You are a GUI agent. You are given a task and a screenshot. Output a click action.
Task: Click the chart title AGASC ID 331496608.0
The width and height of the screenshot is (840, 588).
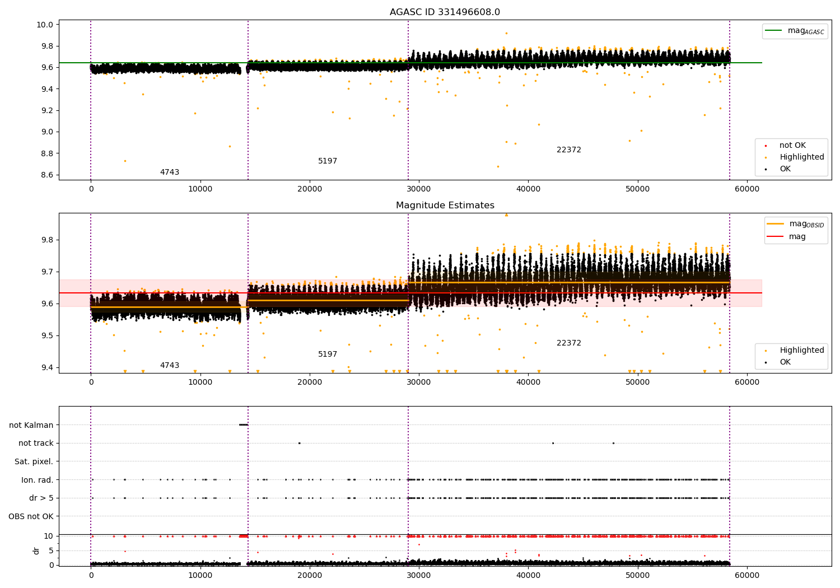click(445, 12)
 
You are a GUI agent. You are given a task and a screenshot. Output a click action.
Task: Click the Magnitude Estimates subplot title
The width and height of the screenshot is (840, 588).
click(445, 205)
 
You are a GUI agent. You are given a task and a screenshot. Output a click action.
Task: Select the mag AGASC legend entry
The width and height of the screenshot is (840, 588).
click(795, 31)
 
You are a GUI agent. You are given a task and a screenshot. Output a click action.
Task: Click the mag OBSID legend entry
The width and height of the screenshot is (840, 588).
click(796, 224)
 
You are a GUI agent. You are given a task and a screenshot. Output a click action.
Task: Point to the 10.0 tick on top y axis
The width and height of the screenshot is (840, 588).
click(45, 25)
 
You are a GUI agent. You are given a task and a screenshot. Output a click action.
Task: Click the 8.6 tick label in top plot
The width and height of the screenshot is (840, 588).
click(48, 175)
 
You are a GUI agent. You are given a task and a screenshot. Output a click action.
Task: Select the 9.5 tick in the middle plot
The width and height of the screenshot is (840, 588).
click(48, 335)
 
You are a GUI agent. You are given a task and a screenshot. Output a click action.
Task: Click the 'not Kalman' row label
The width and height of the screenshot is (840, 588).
click(31, 425)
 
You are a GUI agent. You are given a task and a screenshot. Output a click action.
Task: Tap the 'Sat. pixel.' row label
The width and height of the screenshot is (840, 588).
click(34, 461)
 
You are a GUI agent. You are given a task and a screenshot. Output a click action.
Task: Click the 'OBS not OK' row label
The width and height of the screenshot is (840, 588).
click(31, 516)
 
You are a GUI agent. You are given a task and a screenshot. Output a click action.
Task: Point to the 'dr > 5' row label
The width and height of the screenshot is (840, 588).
click(41, 498)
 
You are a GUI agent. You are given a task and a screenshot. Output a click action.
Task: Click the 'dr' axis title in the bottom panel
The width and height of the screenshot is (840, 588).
click(36, 551)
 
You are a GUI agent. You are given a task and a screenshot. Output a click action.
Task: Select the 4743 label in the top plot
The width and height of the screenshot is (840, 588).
click(170, 172)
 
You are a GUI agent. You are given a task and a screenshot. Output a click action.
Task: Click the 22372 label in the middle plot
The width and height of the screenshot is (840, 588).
click(569, 343)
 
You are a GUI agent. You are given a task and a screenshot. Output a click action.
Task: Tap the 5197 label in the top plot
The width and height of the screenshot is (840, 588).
click(328, 161)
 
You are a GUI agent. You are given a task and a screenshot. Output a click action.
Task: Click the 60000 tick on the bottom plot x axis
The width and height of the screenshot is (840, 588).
click(747, 576)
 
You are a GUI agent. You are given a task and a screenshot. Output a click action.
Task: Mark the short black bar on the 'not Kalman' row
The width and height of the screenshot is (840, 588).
click(244, 425)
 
